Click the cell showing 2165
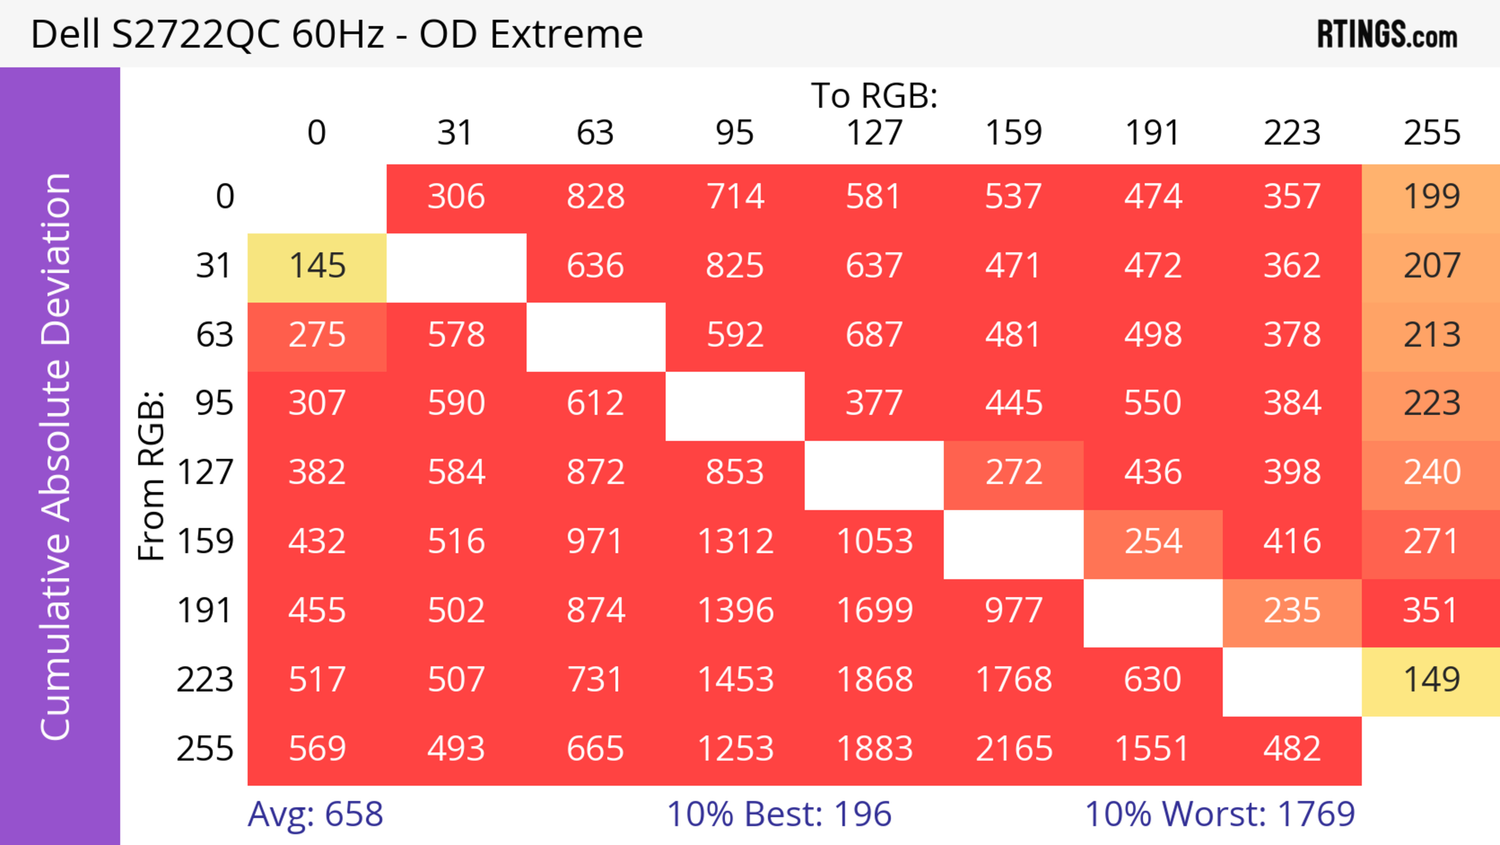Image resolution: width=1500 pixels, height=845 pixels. tap(1014, 748)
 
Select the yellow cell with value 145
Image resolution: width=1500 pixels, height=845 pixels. tap(317, 266)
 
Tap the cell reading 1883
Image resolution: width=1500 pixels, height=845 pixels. tap(875, 748)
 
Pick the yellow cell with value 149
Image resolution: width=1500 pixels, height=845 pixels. tap(1431, 680)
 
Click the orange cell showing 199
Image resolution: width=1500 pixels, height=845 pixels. tap(1431, 196)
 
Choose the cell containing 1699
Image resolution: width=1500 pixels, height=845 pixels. tap(875, 611)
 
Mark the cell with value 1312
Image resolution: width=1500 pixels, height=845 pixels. tap(736, 542)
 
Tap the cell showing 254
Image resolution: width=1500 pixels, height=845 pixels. tap(1153, 542)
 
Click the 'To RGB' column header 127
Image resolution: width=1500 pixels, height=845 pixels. tap(875, 133)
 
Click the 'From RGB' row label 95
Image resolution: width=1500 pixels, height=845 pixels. tap(214, 403)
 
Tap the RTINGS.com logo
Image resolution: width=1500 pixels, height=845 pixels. tap(1387, 35)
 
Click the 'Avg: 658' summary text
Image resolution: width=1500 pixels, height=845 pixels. tap(315, 814)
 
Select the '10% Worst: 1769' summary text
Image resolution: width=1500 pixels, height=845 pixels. tap(1220, 814)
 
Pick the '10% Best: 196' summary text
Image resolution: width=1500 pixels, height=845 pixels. tap(779, 814)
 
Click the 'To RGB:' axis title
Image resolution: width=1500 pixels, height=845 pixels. tap(875, 95)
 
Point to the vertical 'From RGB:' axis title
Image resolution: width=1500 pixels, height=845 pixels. tap(152, 475)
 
